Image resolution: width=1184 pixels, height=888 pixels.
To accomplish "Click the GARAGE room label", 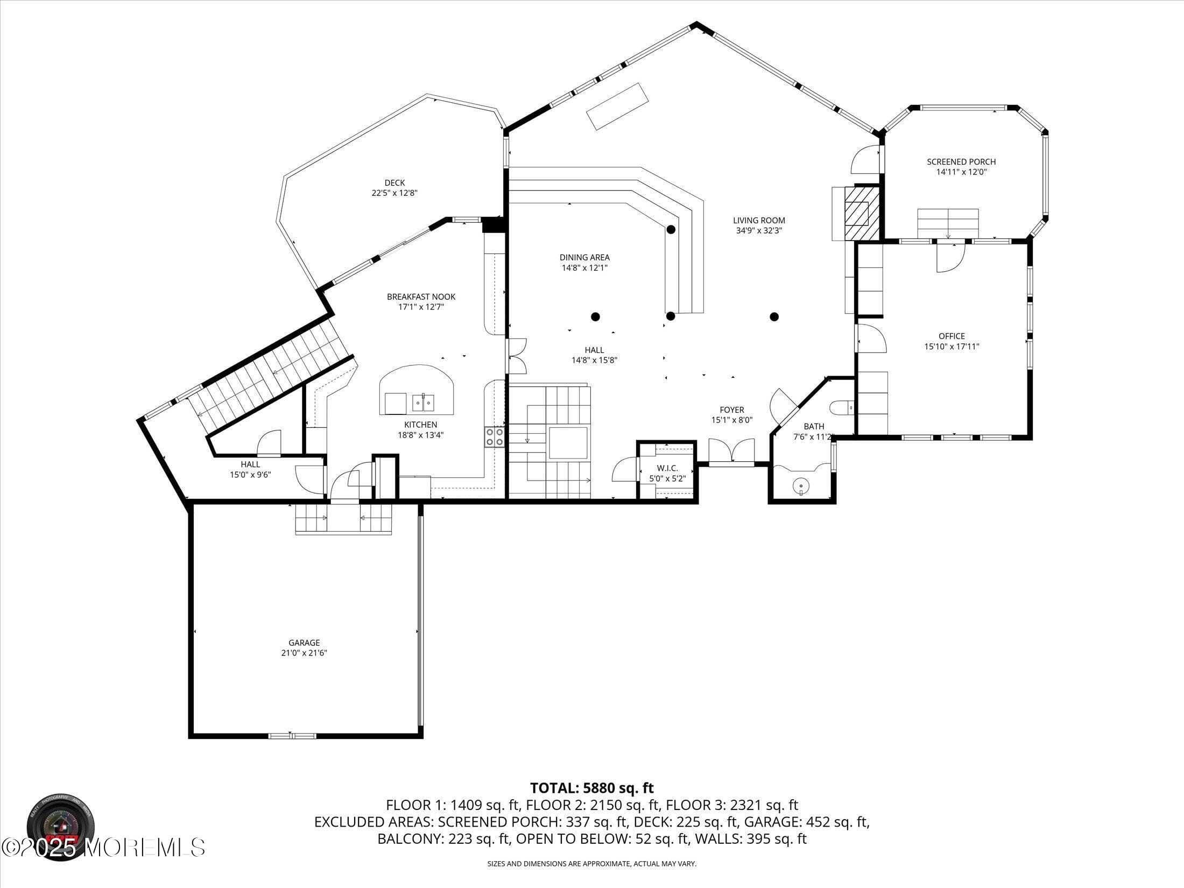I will pyautogui.click(x=304, y=643).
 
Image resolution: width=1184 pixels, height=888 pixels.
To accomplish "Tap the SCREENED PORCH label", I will pyautogui.click(x=961, y=161).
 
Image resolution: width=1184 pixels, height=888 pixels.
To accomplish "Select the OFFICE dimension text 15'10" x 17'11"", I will pyautogui.click(x=952, y=347).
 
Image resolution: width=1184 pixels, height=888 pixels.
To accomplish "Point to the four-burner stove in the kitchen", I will pyautogui.click(x=495, y=436).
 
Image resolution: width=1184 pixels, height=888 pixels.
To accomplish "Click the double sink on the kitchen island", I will pyautogui.click(x=423, y=402).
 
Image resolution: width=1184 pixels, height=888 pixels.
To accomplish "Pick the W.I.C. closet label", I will pyautogui.click(x=667, y=468).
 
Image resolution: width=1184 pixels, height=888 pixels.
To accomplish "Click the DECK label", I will pyautogui.click(x=394, y=183).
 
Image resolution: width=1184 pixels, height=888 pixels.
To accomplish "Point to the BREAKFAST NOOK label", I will pyautogui.click(x=421, y=297).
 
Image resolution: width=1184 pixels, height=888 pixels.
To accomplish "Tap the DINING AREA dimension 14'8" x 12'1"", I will pyautogui.click(x=584, y=267).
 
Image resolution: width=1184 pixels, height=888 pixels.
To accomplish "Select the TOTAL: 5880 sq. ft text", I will pyautogui.click(x=592, y=788).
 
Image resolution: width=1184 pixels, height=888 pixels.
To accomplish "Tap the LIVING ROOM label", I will pyautogui.click(x=759, y=220).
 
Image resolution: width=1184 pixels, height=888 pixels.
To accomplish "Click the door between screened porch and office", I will pyautogui.click(x=950, y=257).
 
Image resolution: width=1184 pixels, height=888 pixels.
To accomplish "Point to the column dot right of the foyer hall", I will pyautogui.click(x=774, y=316).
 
